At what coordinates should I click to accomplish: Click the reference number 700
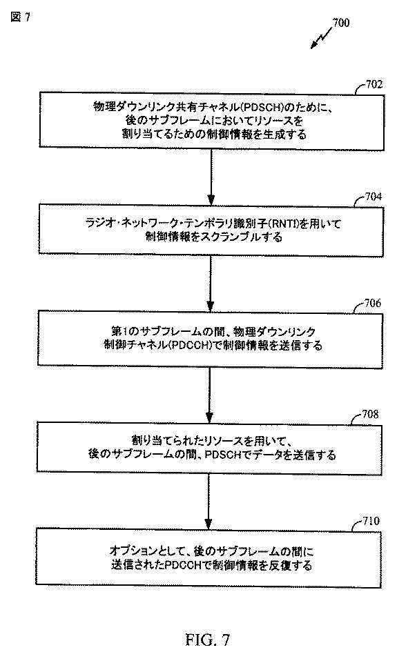tap(341, 23)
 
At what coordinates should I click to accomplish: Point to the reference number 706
tap(372, 304)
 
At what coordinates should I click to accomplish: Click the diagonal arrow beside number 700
tap(321, 38)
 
